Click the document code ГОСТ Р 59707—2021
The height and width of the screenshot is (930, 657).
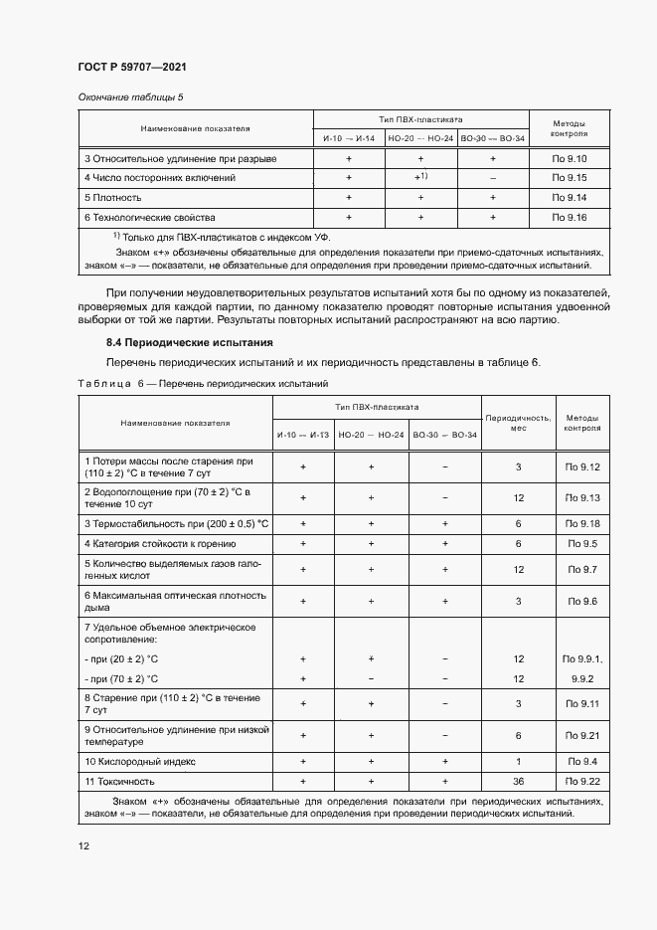(x=131, y=67)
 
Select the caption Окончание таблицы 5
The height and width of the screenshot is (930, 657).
(x=130, y=96)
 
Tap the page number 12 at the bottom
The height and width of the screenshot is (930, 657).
(x=83, y=845)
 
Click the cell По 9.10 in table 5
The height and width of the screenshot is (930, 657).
(x=570, y=159)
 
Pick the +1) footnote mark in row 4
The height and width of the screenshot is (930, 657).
(x=420, y=178)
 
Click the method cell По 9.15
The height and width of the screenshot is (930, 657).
(x=570, y=178)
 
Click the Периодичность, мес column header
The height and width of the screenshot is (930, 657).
(x=517, y=424)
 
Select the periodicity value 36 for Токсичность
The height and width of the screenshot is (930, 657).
(x=518, y=781)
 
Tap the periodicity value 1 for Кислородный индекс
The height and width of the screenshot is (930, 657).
(x=518, y=762)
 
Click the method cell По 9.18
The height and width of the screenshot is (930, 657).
(x=581, y=523)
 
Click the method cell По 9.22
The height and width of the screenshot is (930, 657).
(x=581, y=781)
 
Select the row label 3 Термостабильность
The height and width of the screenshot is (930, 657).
(x=176, y=523)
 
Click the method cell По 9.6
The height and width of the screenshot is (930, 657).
(x=581, y=602)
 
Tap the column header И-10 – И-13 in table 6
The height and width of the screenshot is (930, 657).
(x=303, y=435)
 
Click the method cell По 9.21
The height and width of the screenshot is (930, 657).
(x=581, y=735)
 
